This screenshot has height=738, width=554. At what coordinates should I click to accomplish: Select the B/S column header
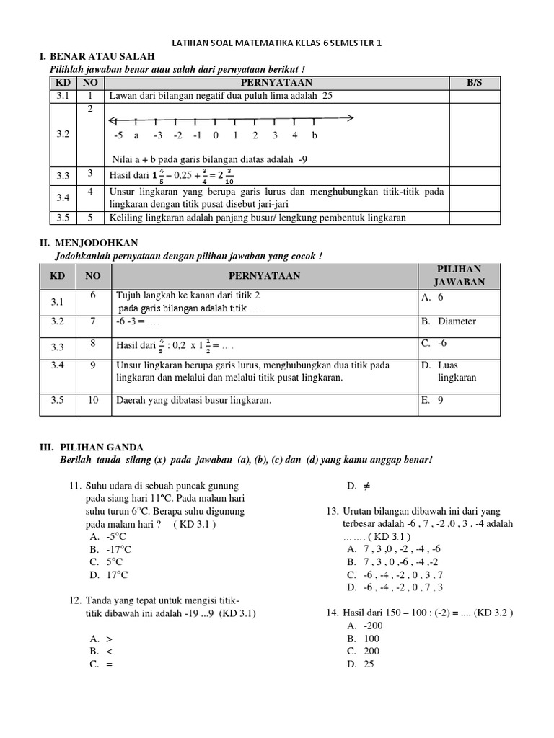(473, 83)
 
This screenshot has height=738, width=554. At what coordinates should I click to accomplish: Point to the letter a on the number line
(136, 135)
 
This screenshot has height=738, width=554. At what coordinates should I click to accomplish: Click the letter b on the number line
(315, 135)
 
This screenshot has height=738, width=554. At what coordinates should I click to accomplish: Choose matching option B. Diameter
(448, 321)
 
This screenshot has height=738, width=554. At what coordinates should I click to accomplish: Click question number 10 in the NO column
(93, 401)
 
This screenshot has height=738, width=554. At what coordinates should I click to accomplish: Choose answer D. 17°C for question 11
(106, 575)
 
